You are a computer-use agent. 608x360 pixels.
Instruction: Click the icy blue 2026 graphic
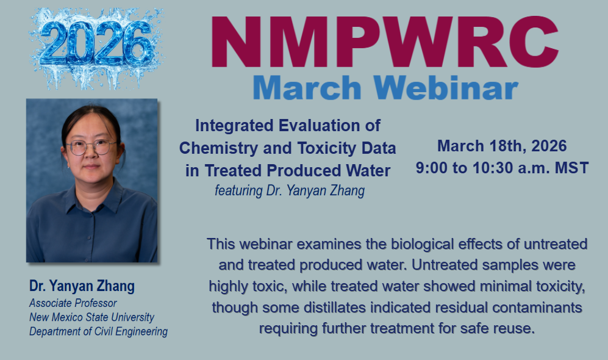point(96,46)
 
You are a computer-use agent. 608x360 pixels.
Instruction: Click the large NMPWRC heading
point(385,42)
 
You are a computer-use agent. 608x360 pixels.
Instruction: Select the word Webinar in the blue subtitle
point(446,87)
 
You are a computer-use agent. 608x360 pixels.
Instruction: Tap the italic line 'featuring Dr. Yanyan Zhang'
point(290,190)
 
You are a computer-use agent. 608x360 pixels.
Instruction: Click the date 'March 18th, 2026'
point(502,146)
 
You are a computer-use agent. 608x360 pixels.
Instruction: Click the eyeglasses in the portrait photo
point(91,147)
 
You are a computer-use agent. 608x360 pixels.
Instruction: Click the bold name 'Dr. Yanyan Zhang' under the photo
point(82,286)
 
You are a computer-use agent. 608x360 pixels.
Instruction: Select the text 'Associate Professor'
point(73,303)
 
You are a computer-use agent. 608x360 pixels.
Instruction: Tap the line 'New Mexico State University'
point(91,317)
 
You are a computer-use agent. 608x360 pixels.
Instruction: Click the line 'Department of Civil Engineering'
point(99,332)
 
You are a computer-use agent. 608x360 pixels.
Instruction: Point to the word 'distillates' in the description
point(335,308)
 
